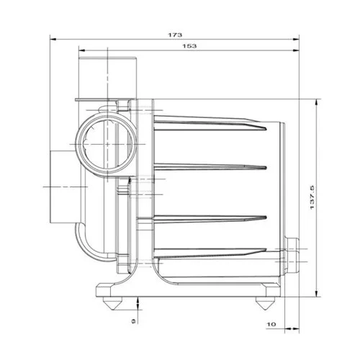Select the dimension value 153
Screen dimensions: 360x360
tap(190, 45)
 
